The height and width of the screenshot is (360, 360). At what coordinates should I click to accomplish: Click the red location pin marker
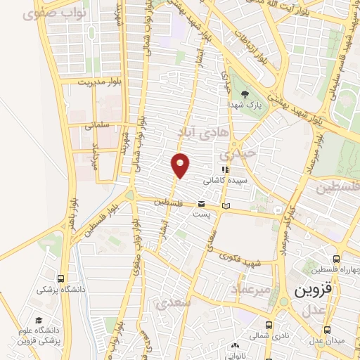click(x=181, y=165)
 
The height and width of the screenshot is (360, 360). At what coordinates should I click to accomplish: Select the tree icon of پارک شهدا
click(x=245, y=93)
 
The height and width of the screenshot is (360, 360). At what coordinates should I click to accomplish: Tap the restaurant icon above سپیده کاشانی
click(x=225, y=169)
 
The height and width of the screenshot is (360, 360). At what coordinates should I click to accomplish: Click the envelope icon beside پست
click(x=201, y=204)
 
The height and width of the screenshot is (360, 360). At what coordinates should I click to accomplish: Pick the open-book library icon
click(x=226, y=205)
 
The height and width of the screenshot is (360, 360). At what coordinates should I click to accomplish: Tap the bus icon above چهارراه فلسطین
click(x=337, y=259)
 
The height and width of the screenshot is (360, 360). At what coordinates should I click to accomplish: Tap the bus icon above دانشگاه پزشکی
click(x=61, y=278)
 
